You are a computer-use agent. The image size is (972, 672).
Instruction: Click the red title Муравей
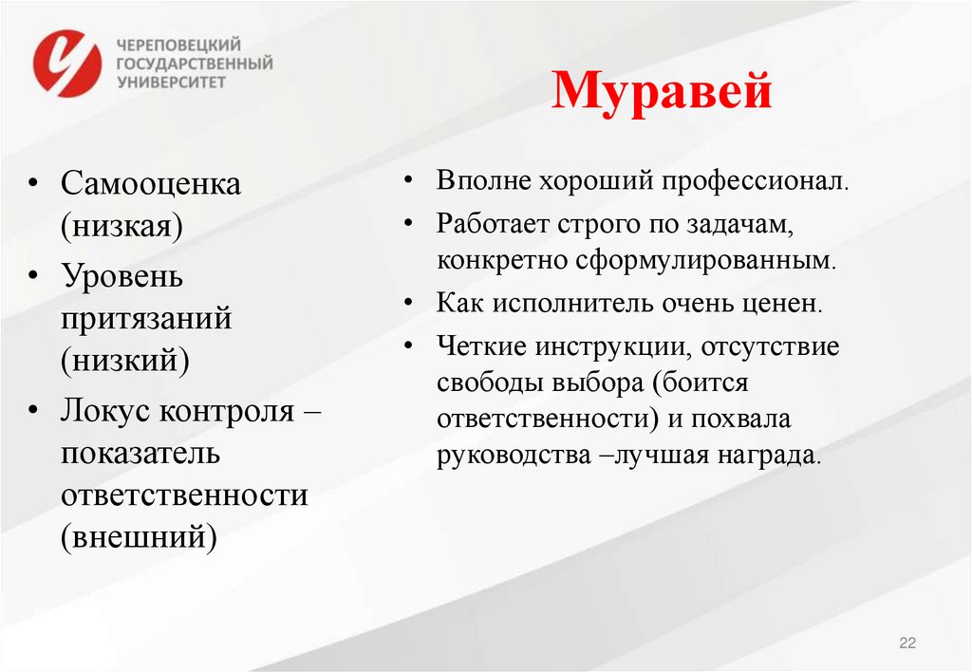tap(662, 93)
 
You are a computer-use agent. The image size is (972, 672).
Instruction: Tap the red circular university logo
tap(67, 63)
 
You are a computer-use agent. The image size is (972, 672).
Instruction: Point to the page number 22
tap(907, 644)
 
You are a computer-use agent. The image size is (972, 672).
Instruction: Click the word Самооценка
tap(152, 183)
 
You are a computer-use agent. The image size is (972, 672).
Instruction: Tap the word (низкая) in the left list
tap(123, 227)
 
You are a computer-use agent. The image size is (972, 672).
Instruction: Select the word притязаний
tap(147, 318)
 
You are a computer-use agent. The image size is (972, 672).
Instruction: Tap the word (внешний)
tap(139, 538)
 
